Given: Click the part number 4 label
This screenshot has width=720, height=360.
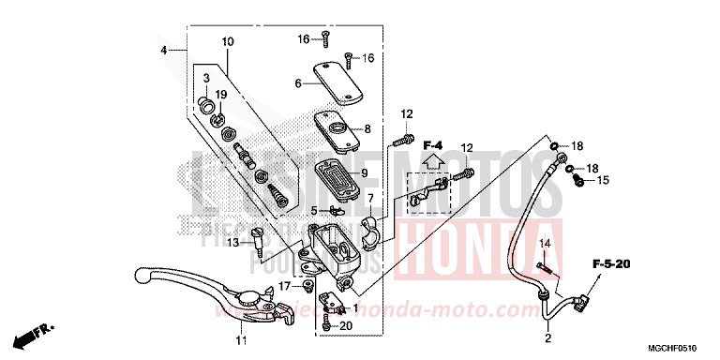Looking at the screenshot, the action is coord(163,50).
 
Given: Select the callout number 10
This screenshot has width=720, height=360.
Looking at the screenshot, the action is coord(227,42).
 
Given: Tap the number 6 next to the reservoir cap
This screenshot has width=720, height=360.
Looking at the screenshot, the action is coord(298,83).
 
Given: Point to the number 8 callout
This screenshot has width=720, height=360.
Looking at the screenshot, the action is coord(367,129).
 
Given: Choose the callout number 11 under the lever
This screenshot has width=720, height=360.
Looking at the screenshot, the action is coord(241,339).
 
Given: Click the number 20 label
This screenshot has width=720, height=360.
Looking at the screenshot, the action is coord(346,325).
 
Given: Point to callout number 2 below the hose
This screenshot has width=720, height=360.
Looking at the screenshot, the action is coord(547,339).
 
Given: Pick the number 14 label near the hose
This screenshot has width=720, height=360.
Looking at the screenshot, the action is coord(541,245).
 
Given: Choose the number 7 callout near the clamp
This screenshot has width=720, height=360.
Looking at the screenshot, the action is coord(370,199).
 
